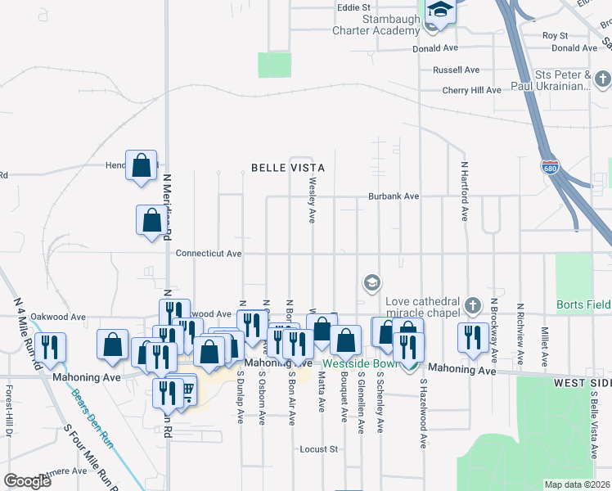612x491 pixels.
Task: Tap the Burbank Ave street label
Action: [x=393, y=196]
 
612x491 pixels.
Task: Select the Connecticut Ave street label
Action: [x=209, y=254]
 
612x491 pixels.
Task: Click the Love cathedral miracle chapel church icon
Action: [x=472, y=306]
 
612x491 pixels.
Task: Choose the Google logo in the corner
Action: [x=28, y=481]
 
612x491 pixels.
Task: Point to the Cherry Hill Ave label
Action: [x=471, y=90]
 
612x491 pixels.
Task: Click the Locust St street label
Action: [x=319, y=449]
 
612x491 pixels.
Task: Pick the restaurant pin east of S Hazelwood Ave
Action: [x=472, y=339]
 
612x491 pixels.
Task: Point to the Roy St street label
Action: [x=555, y=36]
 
